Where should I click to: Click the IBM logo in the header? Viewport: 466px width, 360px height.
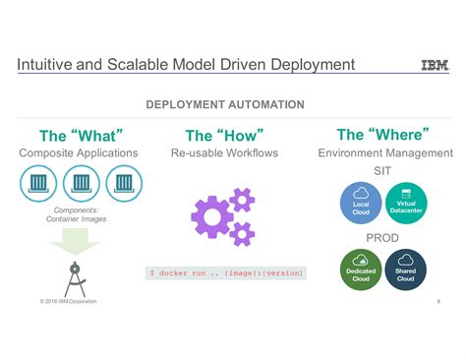tap(434, 66)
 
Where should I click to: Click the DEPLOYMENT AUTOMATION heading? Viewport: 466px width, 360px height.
tap(225, 104)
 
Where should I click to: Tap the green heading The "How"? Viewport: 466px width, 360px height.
tap(224, 135)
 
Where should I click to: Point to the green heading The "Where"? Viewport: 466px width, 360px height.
tap(384, 135)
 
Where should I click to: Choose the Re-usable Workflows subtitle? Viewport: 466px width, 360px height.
tap(225, 153)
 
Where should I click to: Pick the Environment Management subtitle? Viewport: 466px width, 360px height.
tap(385, 153)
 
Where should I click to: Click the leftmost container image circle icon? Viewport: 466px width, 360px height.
tap(38, 184)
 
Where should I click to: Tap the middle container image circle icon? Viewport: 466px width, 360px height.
tap(82, 184)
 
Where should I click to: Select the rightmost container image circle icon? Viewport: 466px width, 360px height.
tap(125, 184)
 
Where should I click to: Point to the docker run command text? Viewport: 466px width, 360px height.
tap(226, 272)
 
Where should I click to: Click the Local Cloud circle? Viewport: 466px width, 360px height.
tap(361, 201)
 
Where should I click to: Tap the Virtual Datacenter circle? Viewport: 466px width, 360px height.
tap(405, 201)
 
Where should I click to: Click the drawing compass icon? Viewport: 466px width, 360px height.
tap(76, 276)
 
